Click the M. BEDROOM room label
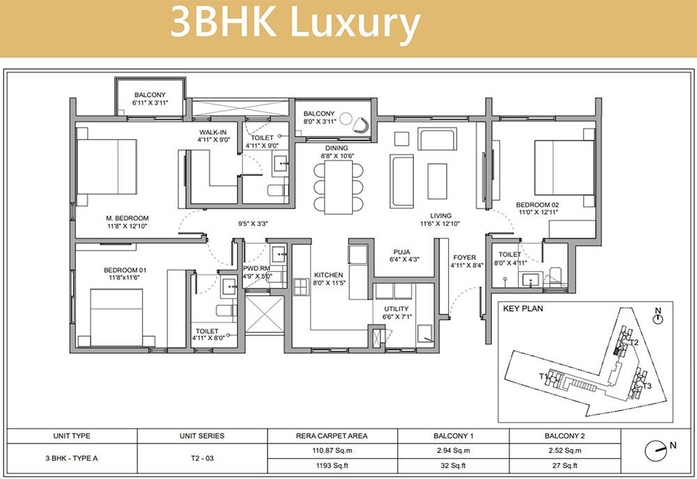tap(127, 218)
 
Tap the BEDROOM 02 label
tap(537, 204)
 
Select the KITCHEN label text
tap(328, 275)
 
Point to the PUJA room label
tap(402, 252)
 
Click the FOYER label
tap(464, 257)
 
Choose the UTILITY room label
tap(396, 309)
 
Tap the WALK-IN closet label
tap(213, 132)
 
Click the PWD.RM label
tap(257, 268)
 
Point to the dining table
tap(339, 185)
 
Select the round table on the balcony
tap(346, 119)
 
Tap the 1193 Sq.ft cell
tap(332, 466)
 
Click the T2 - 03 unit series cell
tap(202, 458)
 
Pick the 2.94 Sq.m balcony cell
tap(453, 450)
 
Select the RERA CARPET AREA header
tap(332, 436)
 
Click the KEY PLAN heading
tap(523, 308)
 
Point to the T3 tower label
tap(647, 386)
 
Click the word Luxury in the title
tap(355, 23)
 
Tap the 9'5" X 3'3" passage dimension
tap(253, 224)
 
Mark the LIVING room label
tap(441, 215)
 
